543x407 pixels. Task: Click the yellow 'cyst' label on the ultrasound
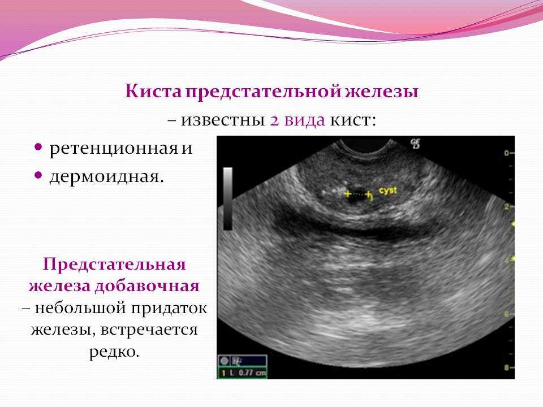click(x=389, y=191)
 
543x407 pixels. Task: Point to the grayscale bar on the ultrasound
click(x=227, y=198)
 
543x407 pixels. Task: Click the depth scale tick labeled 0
click(x=507, y=153)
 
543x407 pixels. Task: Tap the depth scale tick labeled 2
click(x=507, y=206)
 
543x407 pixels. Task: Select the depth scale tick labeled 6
click(x=507, y=314)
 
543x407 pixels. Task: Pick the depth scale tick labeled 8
click(x=507, y=367)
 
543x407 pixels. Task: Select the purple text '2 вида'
click(x=297, y=120)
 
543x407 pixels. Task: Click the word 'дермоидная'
click(x=106, y=176)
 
